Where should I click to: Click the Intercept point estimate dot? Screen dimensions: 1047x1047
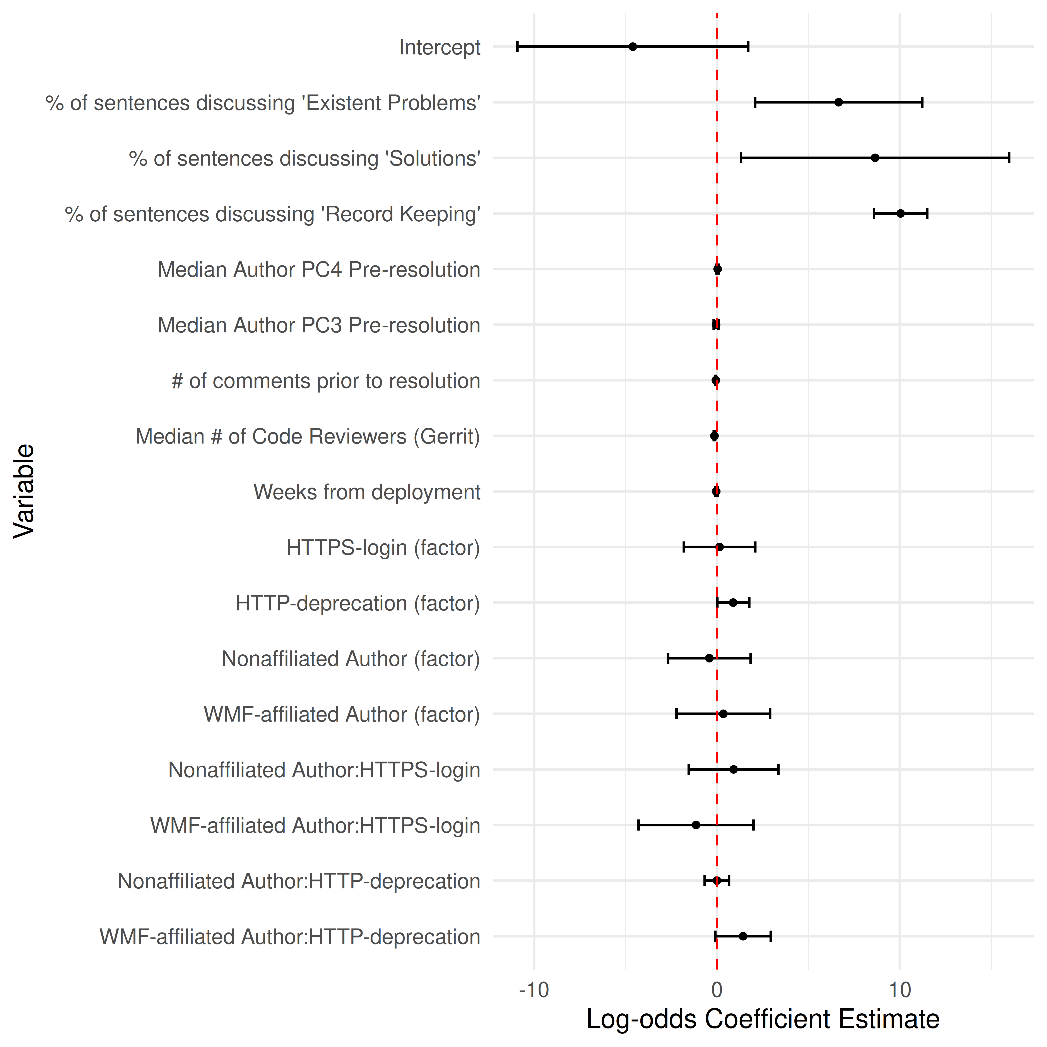pyautogui.click(x=632, y=47)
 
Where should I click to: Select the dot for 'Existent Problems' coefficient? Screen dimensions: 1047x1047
pyautogui.click(x=838, y=103)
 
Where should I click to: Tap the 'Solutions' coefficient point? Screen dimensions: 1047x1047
pyautogui.click(x=875, y=158)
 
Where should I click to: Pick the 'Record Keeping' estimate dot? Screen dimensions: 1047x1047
pyautogui.click(x=900, y=214)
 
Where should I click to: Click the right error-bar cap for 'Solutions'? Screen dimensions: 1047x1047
pyautogui.click(x=1009, y=158)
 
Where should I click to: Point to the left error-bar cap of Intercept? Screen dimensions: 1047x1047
pyautogui.click(x=518, y=47)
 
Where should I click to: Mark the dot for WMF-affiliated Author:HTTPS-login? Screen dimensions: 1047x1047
pyautogui.click(x=696, y=825)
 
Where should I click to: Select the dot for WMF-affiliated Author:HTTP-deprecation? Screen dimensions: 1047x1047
pyautogui.click(x=743, y=936)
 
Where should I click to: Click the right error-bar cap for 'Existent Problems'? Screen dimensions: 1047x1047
pyautogui.click(x=922, y=103)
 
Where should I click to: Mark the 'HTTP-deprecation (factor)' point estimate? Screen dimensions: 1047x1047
pyautogui.click(x=733, y=603)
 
